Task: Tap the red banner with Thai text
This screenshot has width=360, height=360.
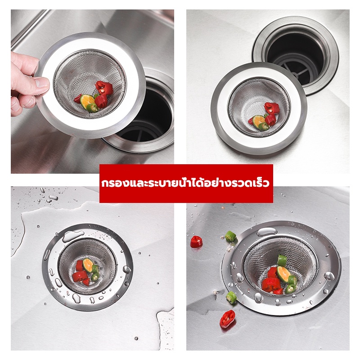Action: [x=186, y=184]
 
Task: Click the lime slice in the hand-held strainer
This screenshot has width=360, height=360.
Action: [x=87, y=101]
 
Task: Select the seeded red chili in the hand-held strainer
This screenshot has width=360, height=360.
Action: [x=104, y=88]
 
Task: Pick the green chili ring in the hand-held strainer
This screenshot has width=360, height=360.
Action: [x=92, y=108]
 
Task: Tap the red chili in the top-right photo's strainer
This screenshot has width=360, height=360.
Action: [x=272, y=108]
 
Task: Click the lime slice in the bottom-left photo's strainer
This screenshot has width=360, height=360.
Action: [x=88, y=265]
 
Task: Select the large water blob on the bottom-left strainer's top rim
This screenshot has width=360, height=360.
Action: [x=73, y=235]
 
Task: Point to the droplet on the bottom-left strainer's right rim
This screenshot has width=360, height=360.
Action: [x=127, y=269]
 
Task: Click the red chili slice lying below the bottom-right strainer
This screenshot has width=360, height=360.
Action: [x=228, y=319]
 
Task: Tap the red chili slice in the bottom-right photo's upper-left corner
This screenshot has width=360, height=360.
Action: [x=196, y=242]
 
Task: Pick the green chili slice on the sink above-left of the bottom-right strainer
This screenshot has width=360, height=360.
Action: [x=230, y=236]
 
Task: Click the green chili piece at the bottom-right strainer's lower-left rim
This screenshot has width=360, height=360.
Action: [x=231, y=297]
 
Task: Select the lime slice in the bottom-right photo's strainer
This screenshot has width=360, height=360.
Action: [x=283, y=274]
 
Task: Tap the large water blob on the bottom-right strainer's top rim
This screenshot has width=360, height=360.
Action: [x=267, y=232]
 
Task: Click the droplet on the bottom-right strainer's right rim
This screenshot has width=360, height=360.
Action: [x=329, y=276]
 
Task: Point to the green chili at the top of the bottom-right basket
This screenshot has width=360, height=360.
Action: [x=282, y=261]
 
